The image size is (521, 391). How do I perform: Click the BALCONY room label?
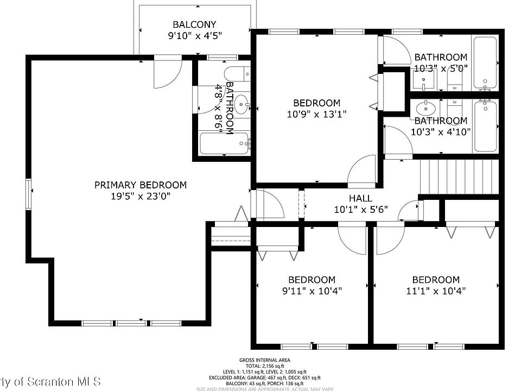194,24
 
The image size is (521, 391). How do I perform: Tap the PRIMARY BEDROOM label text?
140,185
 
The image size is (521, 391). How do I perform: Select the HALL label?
360,198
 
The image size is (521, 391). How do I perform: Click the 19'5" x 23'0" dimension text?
140,197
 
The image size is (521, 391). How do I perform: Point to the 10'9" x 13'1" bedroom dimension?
317,114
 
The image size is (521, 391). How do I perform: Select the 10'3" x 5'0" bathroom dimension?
441,68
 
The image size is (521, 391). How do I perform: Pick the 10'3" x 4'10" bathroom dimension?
441,131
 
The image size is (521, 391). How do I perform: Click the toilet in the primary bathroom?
238,74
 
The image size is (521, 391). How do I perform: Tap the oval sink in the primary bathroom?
242,102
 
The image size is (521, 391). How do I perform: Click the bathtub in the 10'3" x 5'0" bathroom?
485,62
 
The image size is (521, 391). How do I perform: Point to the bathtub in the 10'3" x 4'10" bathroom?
485,127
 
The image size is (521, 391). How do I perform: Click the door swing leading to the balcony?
166,74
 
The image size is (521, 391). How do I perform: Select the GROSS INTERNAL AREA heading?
264,360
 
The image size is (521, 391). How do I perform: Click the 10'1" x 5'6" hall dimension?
360,210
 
